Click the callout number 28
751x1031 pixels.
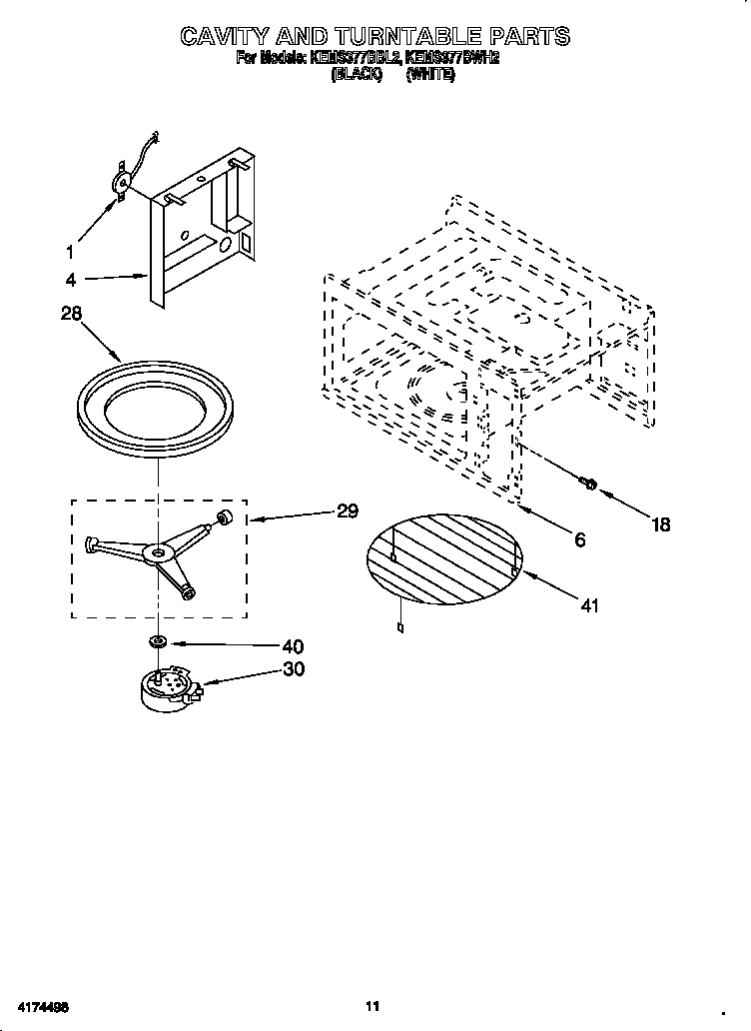click(x=71, y=314)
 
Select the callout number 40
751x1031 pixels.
click(x=293, y=646)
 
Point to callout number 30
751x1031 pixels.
click(x=293, y=669)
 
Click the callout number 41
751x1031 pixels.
click(x=589, y=605)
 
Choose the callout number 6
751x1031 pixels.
click(x=579, y=539)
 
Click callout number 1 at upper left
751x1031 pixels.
click(x=70, y=251)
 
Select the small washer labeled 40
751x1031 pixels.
click(x=157, y=639)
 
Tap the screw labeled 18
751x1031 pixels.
click(x=588, y=485)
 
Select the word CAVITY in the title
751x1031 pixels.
click(x=229, y=37)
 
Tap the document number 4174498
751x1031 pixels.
click(x=43, y=1006)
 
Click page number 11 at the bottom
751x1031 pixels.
click(x=371, y=1006)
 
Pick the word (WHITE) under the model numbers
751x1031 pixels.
click(x=430, y=74)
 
